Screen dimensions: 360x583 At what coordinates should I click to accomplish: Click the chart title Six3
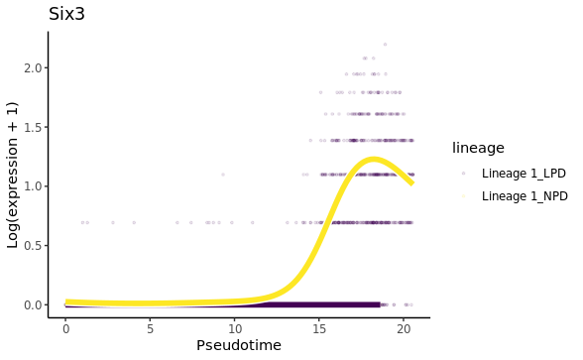coord(66,14)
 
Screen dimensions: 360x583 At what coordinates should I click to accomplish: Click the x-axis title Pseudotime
coord(238,345)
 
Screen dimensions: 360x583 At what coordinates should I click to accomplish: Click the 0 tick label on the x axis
coord(65,326)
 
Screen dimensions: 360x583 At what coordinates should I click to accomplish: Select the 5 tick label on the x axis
coord(150,326)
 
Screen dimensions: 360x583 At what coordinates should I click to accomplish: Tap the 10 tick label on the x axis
coord(235,326)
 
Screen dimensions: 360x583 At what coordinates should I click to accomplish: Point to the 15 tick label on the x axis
coord(319,326)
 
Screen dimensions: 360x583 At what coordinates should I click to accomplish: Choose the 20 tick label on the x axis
coord(404,326)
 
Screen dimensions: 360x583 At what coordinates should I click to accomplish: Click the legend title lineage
coord(478,148)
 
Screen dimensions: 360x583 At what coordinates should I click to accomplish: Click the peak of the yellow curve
coord(374,159)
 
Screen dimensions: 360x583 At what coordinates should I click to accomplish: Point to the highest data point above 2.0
coord(385,45)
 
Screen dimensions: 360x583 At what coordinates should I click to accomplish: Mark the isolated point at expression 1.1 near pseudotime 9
coord(222,175)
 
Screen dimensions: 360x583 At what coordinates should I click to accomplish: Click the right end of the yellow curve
coord(411,182)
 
